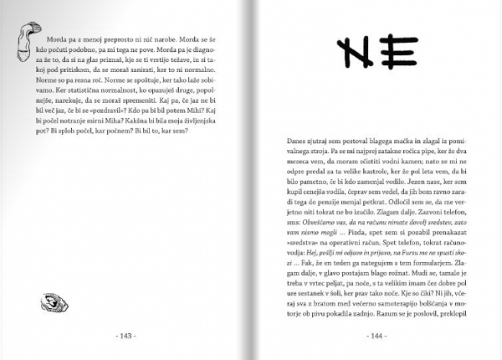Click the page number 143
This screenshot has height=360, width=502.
[x=126, y=337]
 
